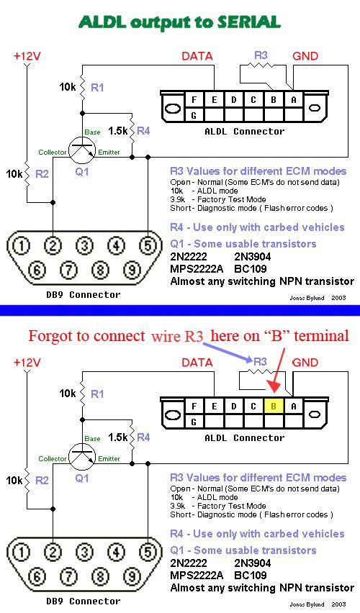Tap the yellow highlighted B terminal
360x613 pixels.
coord(273,407)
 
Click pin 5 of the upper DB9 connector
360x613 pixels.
coord(148,245)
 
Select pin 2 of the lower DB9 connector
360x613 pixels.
coord(53,552)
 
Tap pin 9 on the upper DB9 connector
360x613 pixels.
coord(132,270)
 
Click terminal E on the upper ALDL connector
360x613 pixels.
coord(214,100)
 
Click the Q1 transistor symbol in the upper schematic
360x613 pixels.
coord(82,150)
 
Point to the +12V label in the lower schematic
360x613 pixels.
coord(27,363)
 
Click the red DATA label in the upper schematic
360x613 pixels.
coord(197,56)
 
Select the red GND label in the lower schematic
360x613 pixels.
coord(305,363)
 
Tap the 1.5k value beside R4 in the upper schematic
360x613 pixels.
coord(118,130)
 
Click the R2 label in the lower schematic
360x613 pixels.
coord(42,480)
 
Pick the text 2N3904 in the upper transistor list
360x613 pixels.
coord(253,256)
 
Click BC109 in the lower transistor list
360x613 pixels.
coord(251,575)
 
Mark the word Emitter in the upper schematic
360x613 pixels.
coord(109,152)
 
